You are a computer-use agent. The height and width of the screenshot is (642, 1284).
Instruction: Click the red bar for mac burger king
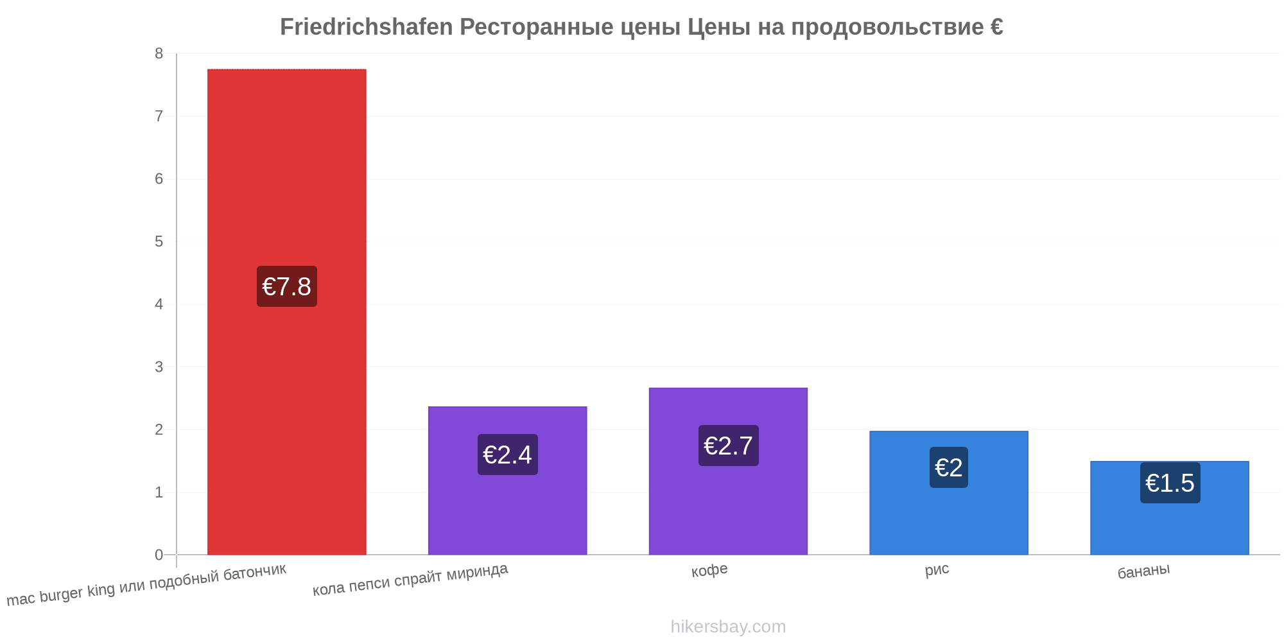pos(287,312)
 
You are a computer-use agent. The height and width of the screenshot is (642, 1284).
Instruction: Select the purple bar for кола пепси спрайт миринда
pos(507,481)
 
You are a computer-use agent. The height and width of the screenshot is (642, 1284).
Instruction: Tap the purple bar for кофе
pos(728,471)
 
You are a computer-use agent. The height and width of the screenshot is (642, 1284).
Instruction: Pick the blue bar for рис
pos(949,493)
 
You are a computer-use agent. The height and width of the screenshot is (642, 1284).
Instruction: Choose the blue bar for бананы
pos(1170,508)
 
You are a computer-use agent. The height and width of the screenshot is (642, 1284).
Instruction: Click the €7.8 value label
pos(287,286)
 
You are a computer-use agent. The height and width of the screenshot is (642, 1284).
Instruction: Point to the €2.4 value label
pos(507,455)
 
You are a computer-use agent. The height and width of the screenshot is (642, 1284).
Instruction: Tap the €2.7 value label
pos(728,446)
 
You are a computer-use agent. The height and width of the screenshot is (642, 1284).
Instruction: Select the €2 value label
pos(949,467)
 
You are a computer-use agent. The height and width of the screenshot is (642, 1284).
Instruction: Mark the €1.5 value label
pos(1170,483)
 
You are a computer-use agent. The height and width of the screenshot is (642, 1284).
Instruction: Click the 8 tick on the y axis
pos(159,54)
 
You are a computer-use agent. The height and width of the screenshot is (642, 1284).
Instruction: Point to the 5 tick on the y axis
pos(159,242)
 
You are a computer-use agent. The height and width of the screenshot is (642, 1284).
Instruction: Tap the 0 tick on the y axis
pos(159,555)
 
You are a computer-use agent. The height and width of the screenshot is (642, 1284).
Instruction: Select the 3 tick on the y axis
pos(159,367)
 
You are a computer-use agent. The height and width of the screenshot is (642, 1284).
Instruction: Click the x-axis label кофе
pos(709,570)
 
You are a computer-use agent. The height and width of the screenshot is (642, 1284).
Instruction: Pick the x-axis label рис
pos(937,569)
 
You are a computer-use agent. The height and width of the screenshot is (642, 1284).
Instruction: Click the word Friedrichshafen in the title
pos(367,27)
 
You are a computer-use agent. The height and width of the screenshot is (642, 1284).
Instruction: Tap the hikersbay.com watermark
pos(728,627)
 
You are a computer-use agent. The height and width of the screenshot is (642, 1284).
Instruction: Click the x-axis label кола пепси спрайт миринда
pos(410,579)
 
